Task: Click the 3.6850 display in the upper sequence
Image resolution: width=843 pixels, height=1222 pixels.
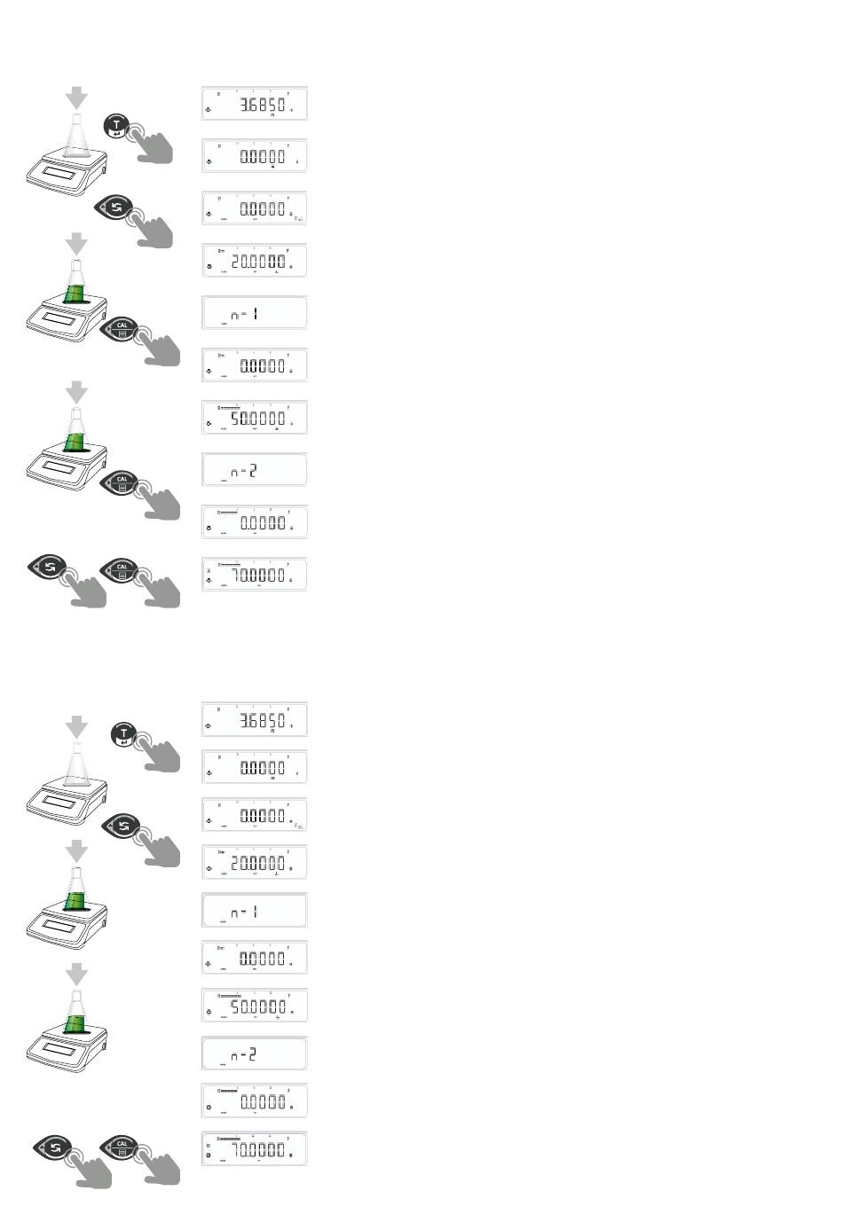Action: click(x=255, y=105)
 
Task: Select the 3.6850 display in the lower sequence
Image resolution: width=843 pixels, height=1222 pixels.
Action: click(x=255, y=719)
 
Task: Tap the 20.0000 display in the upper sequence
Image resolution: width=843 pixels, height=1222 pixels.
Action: click(x=255, y=261)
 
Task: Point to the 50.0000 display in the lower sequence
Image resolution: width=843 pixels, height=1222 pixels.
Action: click(x=255, y=1006)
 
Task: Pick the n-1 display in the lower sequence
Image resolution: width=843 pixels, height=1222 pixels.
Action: click(x=255, y=911)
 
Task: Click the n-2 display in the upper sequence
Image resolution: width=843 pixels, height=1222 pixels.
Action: click(x=255, y=470)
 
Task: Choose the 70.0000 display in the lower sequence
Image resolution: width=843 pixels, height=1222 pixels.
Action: click(x=255, y=1149)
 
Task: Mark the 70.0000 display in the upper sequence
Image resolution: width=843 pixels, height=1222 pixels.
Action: click(x=255, y=575)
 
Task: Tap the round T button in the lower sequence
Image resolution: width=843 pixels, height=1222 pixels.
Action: click(x=124, y=734)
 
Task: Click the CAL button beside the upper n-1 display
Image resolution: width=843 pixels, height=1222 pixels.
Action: click(x=122, y=330)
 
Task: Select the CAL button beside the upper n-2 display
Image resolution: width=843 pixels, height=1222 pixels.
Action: click(x=122, y=483)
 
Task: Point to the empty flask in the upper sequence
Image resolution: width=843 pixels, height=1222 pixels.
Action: click(x=76, y=137)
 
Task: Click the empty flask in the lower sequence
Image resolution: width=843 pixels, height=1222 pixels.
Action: click(x=76, y=764)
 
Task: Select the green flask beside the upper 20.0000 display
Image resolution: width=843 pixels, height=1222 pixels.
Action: click(x=76, y=286)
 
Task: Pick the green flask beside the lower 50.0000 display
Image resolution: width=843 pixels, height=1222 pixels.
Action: click(x=76, y=1016)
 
